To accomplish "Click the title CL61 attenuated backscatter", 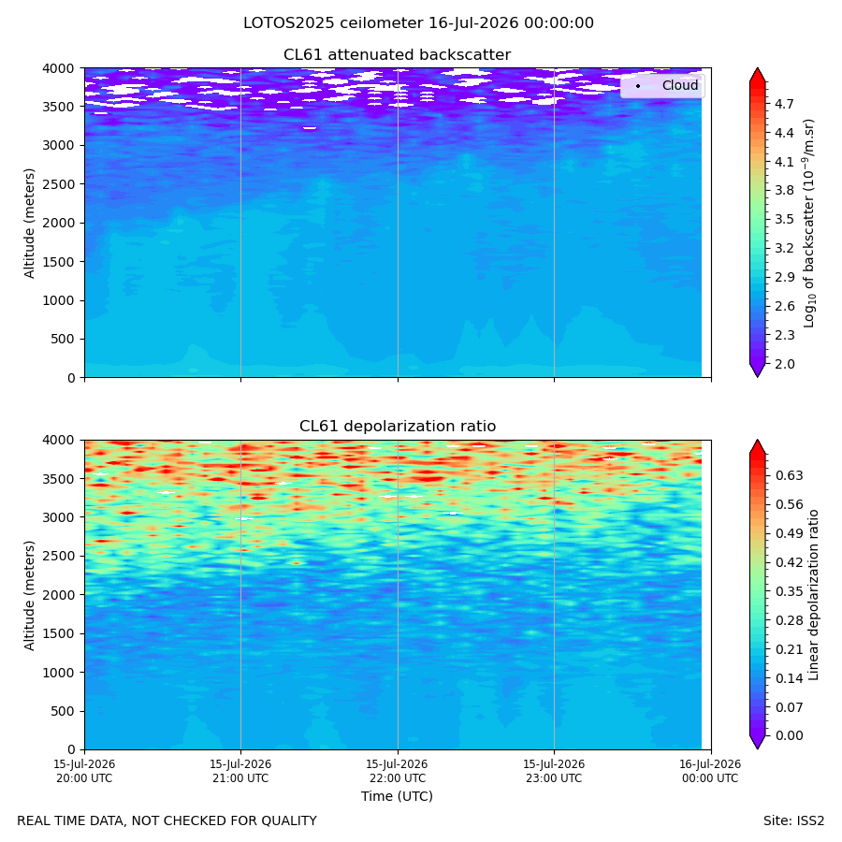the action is pyautogui.click(x=397, y=55).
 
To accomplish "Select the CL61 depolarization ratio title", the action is pyautogui.click(x=398, y=427).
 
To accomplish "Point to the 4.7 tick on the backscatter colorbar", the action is pyautogui.click(x=784, y=104).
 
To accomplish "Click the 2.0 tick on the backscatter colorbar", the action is pyautogui.click(x=784, y=364).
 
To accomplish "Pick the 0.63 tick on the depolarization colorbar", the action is pyautogui.click(x=790, y=476).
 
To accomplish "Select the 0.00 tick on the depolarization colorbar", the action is pyautogui.click(x=790, y=735).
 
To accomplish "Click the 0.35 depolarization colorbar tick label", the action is pyautogui.click(x=790, y=592).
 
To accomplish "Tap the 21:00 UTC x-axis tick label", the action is pyautogui.click(x=240, y=771).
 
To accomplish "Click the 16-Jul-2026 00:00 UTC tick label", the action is pyautogui.click(x=710, y=771).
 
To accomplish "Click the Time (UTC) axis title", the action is pyautogui.click(x=397, y=796).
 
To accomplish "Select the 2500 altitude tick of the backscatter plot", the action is pyautogui.click(x=59, y=184).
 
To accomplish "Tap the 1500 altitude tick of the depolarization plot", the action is pyautogui.click(x=59, y=633).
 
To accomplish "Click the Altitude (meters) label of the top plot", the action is pyautogui.click(x=29, y=223).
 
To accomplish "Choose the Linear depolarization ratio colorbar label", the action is pyautogui.click(x=813, y=595).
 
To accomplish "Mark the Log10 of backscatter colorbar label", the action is pyautogui.click(x=809, y=223).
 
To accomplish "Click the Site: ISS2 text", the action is pyautogui.click(x=793, y=821).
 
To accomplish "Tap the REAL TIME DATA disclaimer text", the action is pyautogui.click(x=167, y=821).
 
